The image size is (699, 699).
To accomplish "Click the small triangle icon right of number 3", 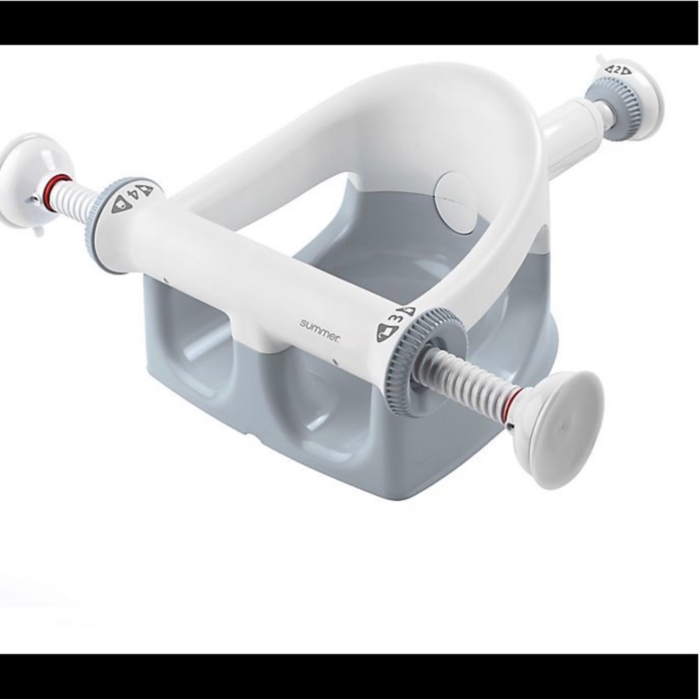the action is click(408, 310).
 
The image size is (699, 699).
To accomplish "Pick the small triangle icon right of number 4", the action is click(147, 190).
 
